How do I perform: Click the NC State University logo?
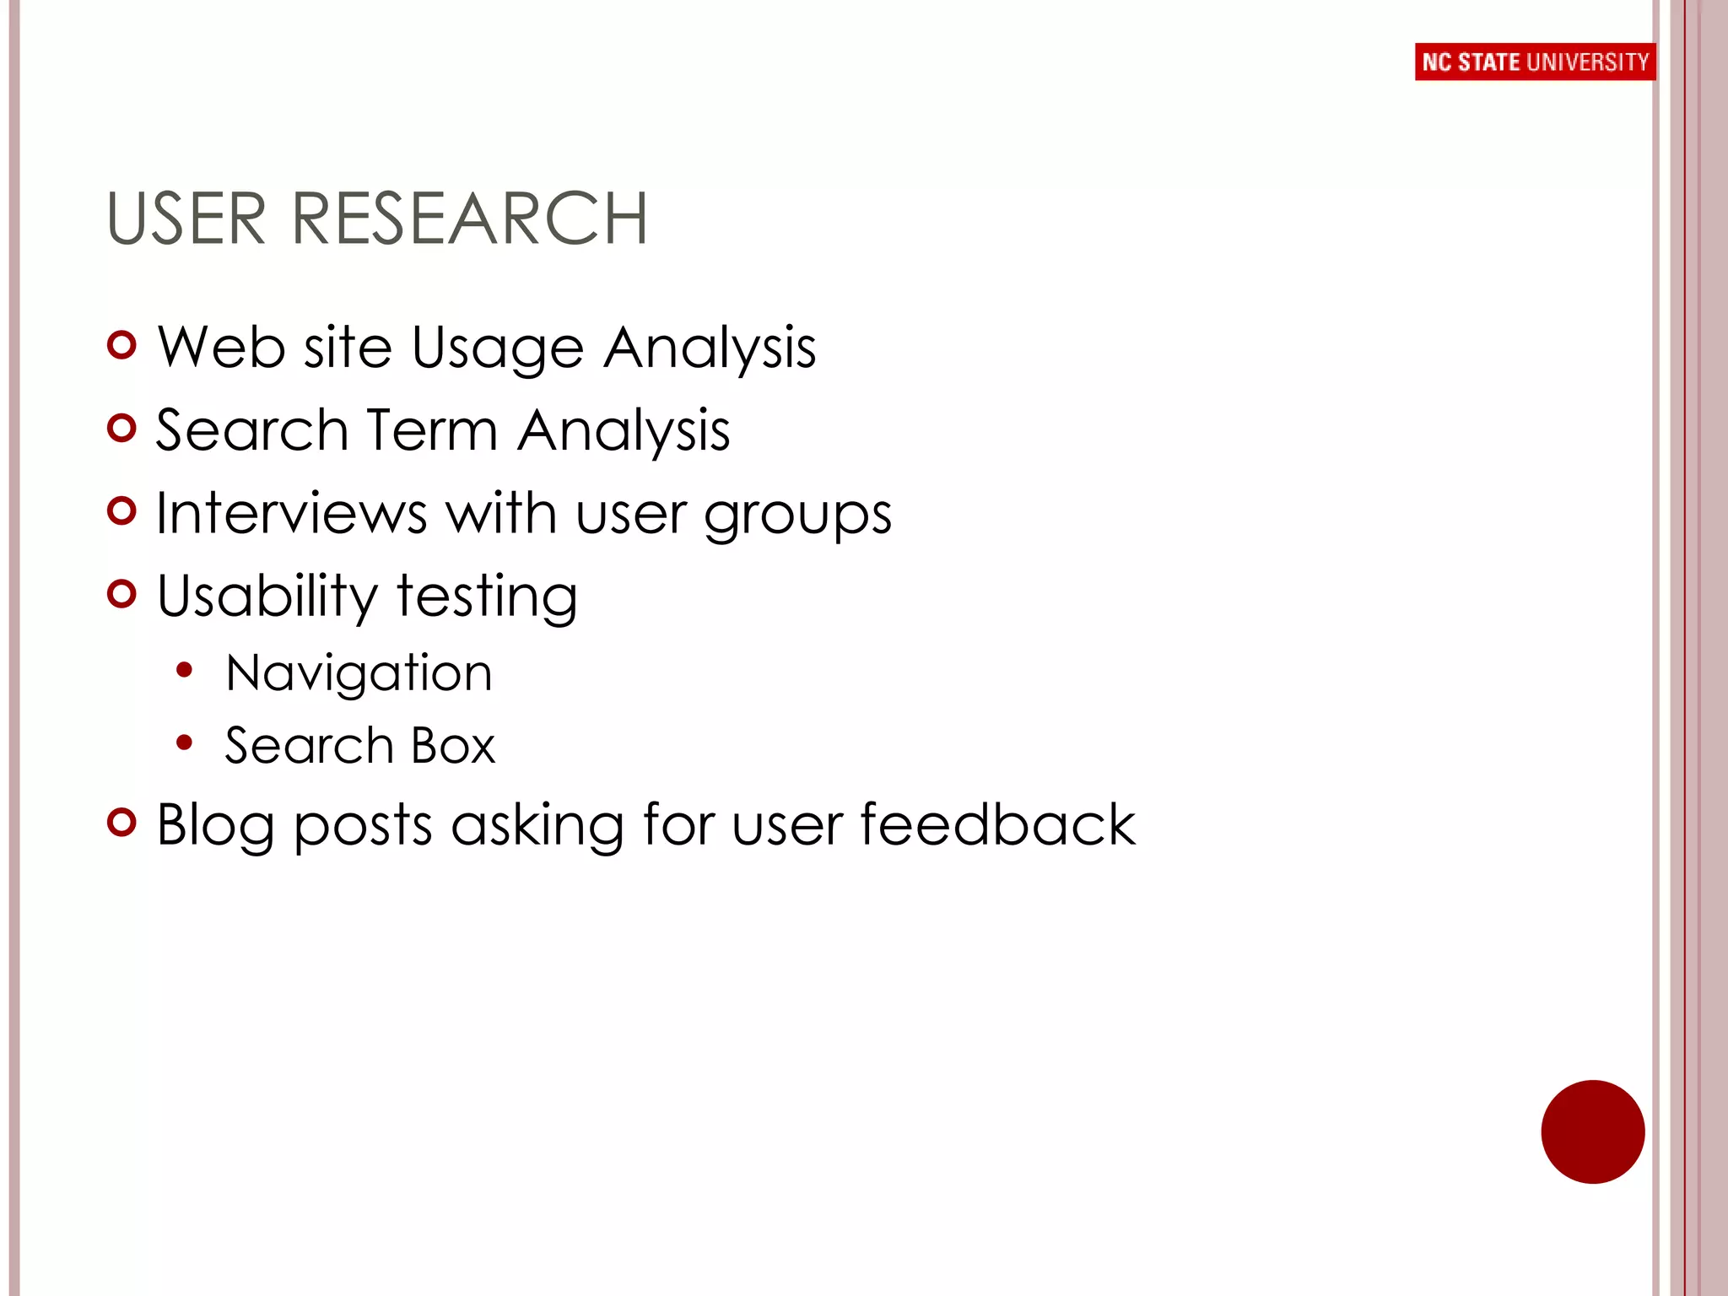pyautogui.click(x=1535, y=62)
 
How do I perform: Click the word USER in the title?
pyautogui.click(x=186, y=219)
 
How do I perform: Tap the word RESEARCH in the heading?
pyautogui.click(x=469, y=219)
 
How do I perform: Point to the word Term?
pyautogui.click(x=432, y=430)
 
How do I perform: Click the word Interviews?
pyautogui.click(x=292, y=513)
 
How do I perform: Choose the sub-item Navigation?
pyautogui.click(x=359, y=673)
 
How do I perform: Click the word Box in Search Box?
pyautogui.click(x=453, y=746)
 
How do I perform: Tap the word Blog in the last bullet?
pyautogui.click(x=215, y=825)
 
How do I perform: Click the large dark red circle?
pyautogui.click(x=1592, y=1131)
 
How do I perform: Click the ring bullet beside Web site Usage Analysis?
pyautogui.click(x=122, y=345)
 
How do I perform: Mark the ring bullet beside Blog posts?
pyautogui.click(x=122, y=823)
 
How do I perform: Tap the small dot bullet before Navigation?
pyautogui.click(x=184, y=671)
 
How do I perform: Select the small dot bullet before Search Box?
pyautogui.click(x=184, y=743)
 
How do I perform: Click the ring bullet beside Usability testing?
pyautogui.click(x=122, y=594)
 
